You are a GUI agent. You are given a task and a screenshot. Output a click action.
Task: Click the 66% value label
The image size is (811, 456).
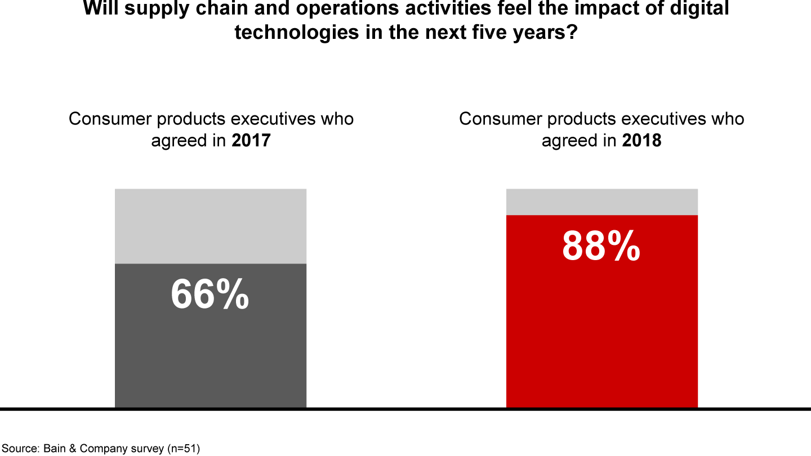(x=210, y=294)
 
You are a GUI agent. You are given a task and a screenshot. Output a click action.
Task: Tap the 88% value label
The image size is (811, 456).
(x=601, y=246)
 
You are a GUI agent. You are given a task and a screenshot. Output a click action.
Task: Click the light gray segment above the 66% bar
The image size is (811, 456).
(x=211, y=226)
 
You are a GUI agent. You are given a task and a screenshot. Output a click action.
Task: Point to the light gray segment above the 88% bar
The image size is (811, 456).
(x=601, y=202)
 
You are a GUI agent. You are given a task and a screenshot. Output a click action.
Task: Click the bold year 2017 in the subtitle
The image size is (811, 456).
(x=251, y=140)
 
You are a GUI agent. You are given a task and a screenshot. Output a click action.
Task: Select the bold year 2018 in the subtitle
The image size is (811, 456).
(x=641, y=140)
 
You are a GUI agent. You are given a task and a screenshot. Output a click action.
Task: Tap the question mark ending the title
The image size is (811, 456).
(x=572, y=32)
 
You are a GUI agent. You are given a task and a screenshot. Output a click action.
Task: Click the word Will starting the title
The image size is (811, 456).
(x=100, y=8)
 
